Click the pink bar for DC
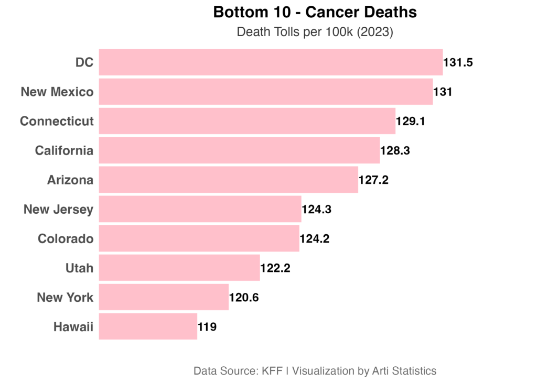(271, 62)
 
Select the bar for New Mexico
(265, 92)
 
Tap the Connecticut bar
(247, 121)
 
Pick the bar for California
(239, 150)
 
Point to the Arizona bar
(228, 180)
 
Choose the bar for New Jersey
(200, 209)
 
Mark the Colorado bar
(199, 238)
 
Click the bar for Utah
(179, 268)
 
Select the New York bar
(164, 297)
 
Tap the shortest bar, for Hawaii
(148, 326)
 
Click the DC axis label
(84, 62)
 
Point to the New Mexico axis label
(57, 92)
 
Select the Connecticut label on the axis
(57, 121)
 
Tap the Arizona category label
(70, 180)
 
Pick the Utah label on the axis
(79, 268)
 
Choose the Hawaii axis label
(73, 327)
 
